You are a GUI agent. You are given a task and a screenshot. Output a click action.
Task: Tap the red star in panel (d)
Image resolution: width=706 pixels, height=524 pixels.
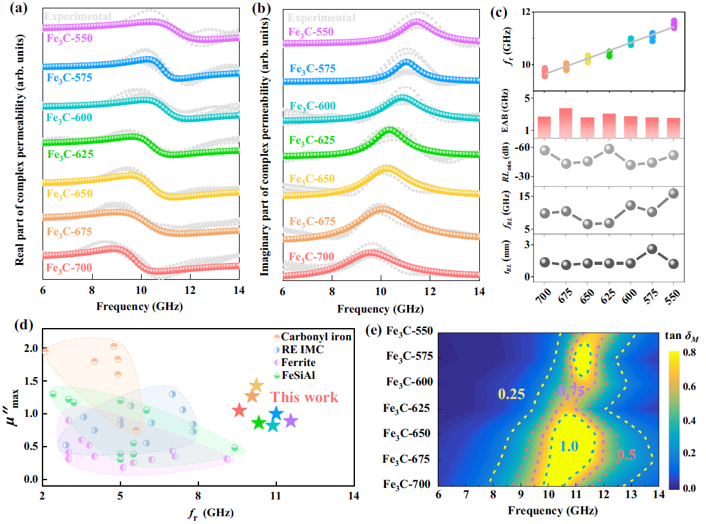point(239,410)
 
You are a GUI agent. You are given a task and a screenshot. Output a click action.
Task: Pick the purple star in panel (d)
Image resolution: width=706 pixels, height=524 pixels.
point(291,420)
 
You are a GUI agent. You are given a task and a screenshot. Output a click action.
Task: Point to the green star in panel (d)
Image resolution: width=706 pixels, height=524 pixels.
point(259,423)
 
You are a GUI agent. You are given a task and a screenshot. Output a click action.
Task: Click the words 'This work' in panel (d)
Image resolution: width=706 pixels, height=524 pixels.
point(305,397)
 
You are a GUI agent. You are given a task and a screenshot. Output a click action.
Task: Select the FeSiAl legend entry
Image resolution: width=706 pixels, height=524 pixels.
point(294,374)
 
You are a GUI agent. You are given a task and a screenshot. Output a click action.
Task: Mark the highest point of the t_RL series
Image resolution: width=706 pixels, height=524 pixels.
point(651,249)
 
